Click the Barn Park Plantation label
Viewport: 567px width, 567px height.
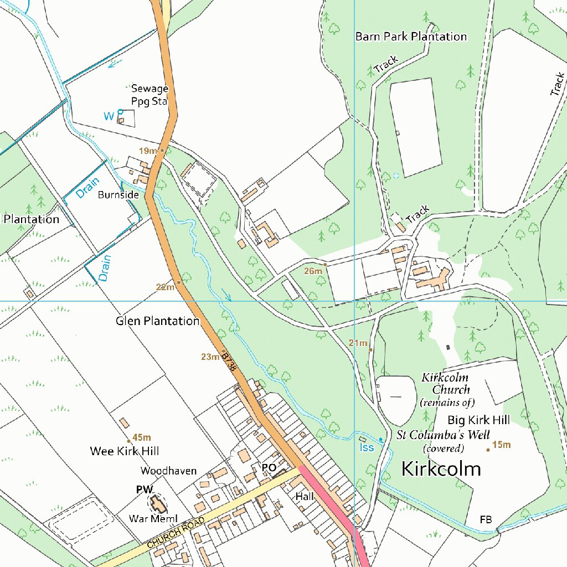point(411,37)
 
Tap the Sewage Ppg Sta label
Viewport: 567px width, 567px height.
point(150,95)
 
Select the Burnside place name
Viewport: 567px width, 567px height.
point(118,195)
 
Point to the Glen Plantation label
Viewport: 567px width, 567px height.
point(157,321)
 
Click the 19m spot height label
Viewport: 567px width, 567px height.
point(147,151)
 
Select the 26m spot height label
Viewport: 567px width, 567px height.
point(313,271)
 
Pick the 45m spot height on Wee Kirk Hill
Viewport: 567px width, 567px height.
point(142,438)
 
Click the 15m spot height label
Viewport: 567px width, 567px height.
point(501,445)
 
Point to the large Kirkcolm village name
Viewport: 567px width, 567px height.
point(441,470)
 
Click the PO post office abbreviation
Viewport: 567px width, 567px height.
point(269,468)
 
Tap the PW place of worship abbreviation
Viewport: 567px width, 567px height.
point(145,489)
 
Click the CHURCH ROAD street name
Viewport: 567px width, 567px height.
point(176,533)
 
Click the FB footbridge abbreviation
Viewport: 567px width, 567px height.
point(486,519)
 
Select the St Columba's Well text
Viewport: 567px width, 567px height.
point(444,434)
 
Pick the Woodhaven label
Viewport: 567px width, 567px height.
point(168,471)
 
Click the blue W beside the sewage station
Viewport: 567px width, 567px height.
point(109,116)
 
